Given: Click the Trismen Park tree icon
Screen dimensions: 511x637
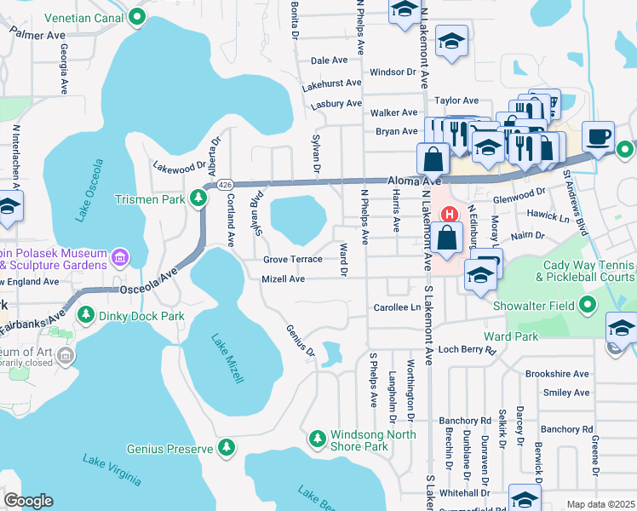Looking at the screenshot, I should [198, 199].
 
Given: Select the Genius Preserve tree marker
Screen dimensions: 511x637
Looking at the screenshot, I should [226, 448].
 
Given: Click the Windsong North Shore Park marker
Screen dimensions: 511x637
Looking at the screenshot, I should [317, 439].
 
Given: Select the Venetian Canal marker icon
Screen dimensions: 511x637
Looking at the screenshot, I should [138, 15].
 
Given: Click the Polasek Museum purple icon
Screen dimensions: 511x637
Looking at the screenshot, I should [120, 255].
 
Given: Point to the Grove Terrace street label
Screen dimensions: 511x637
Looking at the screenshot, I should [292, 259].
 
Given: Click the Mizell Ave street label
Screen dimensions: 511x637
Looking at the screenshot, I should [283, 278].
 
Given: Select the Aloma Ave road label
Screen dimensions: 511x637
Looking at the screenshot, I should [414, 181].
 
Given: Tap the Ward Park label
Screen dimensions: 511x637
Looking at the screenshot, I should [511, 336].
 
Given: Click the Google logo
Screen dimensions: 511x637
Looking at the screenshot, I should [29, 501].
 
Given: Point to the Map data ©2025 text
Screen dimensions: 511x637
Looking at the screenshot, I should [600, 504].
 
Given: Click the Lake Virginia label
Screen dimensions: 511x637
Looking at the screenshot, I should [112, 470].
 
